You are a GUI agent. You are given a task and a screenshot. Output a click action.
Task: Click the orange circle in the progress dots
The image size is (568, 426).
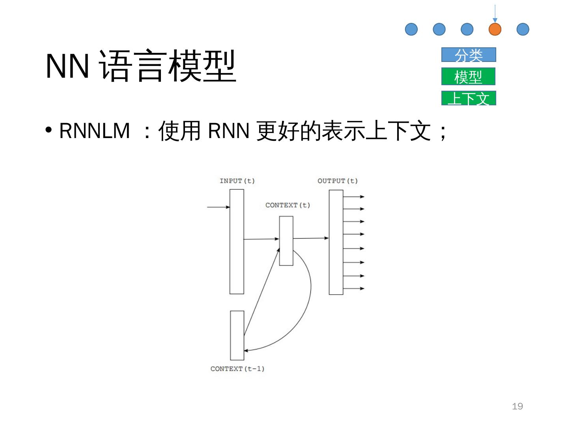(495, 29)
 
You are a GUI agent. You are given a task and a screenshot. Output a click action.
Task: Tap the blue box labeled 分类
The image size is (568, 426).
(468, 55)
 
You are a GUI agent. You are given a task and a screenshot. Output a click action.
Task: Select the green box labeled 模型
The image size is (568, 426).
(468, 77)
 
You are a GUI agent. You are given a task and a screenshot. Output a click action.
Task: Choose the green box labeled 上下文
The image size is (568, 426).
(468, 98)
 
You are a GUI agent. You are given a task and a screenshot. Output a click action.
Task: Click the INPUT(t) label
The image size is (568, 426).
(237, 181)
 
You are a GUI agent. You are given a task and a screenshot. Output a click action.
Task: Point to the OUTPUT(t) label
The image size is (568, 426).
(337, 181)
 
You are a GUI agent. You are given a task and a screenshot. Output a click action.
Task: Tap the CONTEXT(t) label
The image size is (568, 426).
(288, 205)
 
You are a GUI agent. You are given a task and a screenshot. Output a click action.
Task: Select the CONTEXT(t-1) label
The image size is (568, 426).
(237, 369)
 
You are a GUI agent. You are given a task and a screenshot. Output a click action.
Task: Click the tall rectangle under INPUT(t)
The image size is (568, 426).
(237, 241)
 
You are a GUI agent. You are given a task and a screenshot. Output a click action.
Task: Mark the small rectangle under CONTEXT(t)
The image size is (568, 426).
(286, 241)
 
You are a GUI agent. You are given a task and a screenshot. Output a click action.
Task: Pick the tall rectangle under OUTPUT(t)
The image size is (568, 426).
(336, 242)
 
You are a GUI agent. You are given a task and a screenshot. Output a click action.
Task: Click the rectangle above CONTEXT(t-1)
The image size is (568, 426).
(237, 335)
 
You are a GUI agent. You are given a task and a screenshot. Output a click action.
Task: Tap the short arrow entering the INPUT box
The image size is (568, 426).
(218, 207)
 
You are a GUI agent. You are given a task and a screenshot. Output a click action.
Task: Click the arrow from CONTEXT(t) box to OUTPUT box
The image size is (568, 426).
(311, 238)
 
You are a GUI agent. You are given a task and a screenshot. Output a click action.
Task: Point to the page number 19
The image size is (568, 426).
(517, 406)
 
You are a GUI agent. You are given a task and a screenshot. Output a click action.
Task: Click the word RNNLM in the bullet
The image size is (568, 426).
(95, 131)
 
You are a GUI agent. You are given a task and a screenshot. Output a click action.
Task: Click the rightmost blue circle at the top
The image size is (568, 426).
(523, 29)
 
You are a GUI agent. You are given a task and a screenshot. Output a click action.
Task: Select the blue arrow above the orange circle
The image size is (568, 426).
(495, 13)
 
